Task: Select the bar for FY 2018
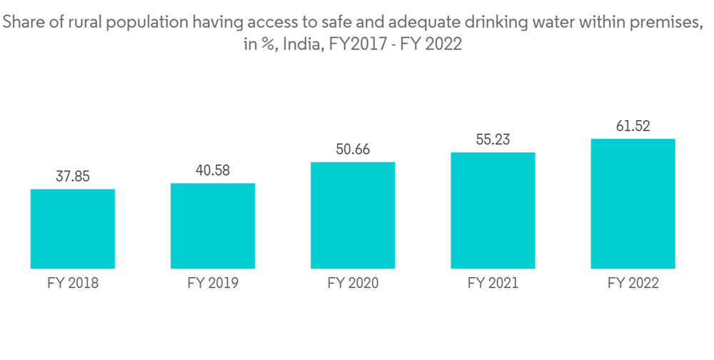73,229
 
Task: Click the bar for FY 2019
213,226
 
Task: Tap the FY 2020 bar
353,215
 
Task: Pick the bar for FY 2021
493,210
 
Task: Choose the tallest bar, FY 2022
633,204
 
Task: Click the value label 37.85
73,176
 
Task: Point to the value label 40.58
213,171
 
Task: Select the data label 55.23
493,140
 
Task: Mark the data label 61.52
633,126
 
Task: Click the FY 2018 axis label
73,284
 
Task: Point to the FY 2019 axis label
213,284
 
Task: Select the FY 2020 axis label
353,284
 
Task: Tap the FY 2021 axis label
493,284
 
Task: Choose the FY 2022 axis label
633,284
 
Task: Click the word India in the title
301,44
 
